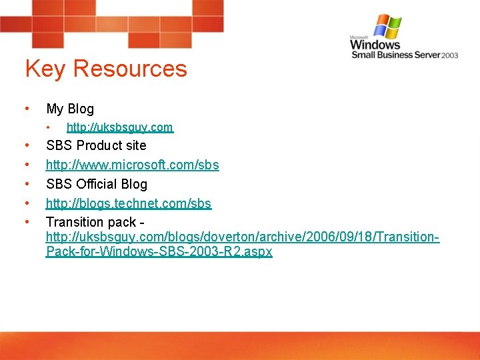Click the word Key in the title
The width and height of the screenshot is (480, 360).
(x=45, y=69)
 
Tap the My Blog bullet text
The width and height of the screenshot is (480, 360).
(x=70, y=109)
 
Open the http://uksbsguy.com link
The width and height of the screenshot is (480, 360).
(x=119, y=127)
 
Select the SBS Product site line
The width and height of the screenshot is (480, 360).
(x=96, y=145)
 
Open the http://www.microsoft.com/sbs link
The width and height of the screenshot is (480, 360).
(x=132, y=165)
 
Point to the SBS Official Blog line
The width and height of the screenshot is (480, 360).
(x=97, y=184)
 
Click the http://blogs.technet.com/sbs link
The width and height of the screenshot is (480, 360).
(x=129, y=203)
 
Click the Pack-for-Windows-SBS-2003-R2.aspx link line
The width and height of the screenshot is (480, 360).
(x=159, y=252)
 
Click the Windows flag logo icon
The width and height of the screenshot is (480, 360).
(x=387, y=26)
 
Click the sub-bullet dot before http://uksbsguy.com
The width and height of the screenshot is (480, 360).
(x=49, y=127)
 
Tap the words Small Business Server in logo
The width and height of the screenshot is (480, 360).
(x=395, y=55)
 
